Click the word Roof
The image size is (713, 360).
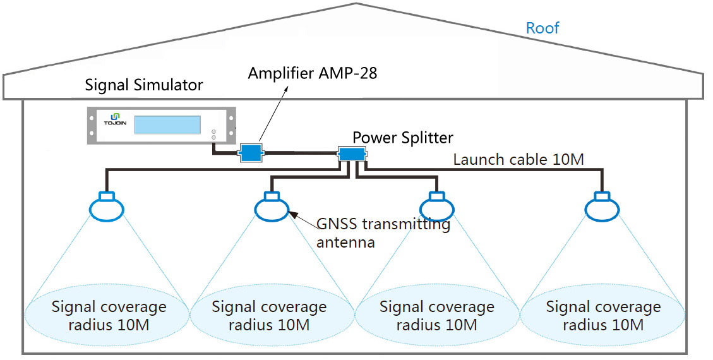point(542,28)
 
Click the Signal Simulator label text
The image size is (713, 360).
point(144,85)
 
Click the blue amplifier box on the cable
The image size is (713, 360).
point(251,152)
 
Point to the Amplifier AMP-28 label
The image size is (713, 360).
point(312,73)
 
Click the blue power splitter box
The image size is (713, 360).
point(351,153)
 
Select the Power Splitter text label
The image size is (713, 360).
point(402,137)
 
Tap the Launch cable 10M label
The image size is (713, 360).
point(518,160)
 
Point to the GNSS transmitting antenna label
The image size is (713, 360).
point(383,232)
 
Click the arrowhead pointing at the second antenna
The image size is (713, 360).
point(292,215)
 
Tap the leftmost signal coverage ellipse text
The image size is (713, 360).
point(109,316)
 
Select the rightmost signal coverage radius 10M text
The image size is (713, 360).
point(603,316)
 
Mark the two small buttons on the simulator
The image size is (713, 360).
point(213,134)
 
